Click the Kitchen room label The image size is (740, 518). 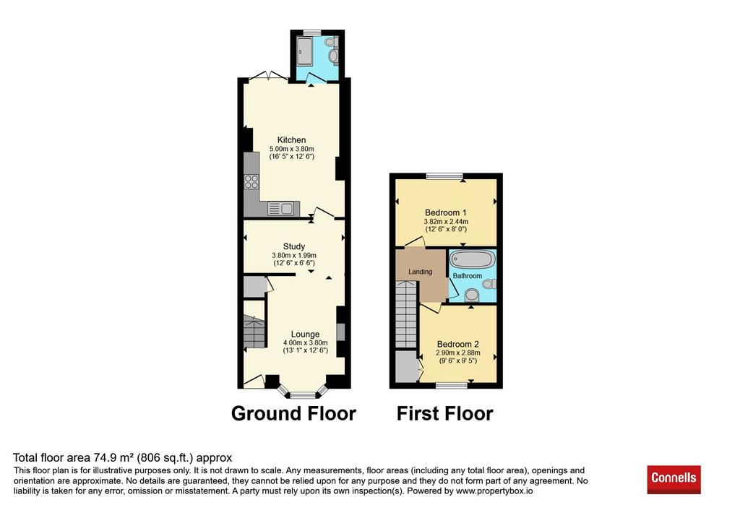coord(291,140)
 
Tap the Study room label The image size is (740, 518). coord(294,246)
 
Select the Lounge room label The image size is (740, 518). coord(306,334)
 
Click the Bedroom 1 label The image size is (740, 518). coord(445,213)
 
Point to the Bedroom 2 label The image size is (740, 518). coord(457,345)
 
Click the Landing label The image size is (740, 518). coord(420,272)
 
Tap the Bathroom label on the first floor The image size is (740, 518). coord(468,276)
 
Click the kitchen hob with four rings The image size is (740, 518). coord(251,181)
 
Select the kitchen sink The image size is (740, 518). coord(281,208)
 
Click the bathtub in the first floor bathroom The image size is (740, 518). coord(472,259)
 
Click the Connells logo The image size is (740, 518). coord(674,479)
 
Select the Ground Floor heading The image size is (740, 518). coord(293,414)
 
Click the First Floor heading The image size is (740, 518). coord(444,414)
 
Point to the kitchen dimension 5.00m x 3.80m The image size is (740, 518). coord(292,149)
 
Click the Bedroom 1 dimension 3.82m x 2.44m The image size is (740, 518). coord(446,222)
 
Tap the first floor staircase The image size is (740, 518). coord(406,314)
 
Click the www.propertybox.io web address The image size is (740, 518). coord(494,491)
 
